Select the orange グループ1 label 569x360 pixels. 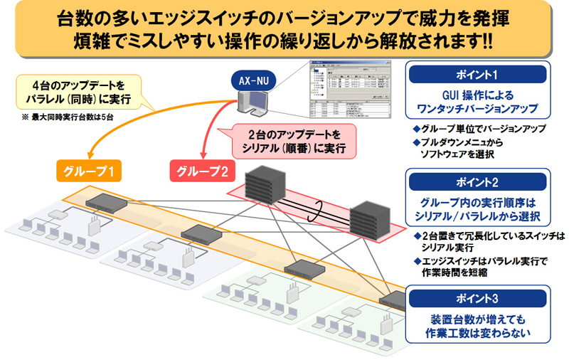[x=87, y=171]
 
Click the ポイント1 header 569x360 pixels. [x=476, y=75]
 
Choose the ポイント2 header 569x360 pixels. [x=476, y=180]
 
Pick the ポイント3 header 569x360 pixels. [x=476, y=296]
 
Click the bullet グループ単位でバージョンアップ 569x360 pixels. [x=483, y=129]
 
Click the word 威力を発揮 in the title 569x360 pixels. [x=441, y=18]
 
